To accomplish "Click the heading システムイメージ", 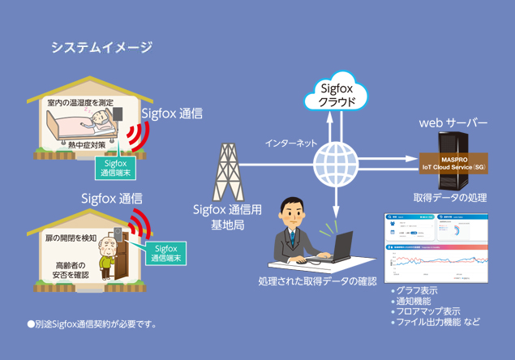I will (101, 47).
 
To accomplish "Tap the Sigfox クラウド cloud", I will (336, 95).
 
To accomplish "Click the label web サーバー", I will (453, 123).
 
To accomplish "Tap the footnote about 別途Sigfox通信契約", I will (92, 324).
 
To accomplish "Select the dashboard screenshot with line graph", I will (439, 247).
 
